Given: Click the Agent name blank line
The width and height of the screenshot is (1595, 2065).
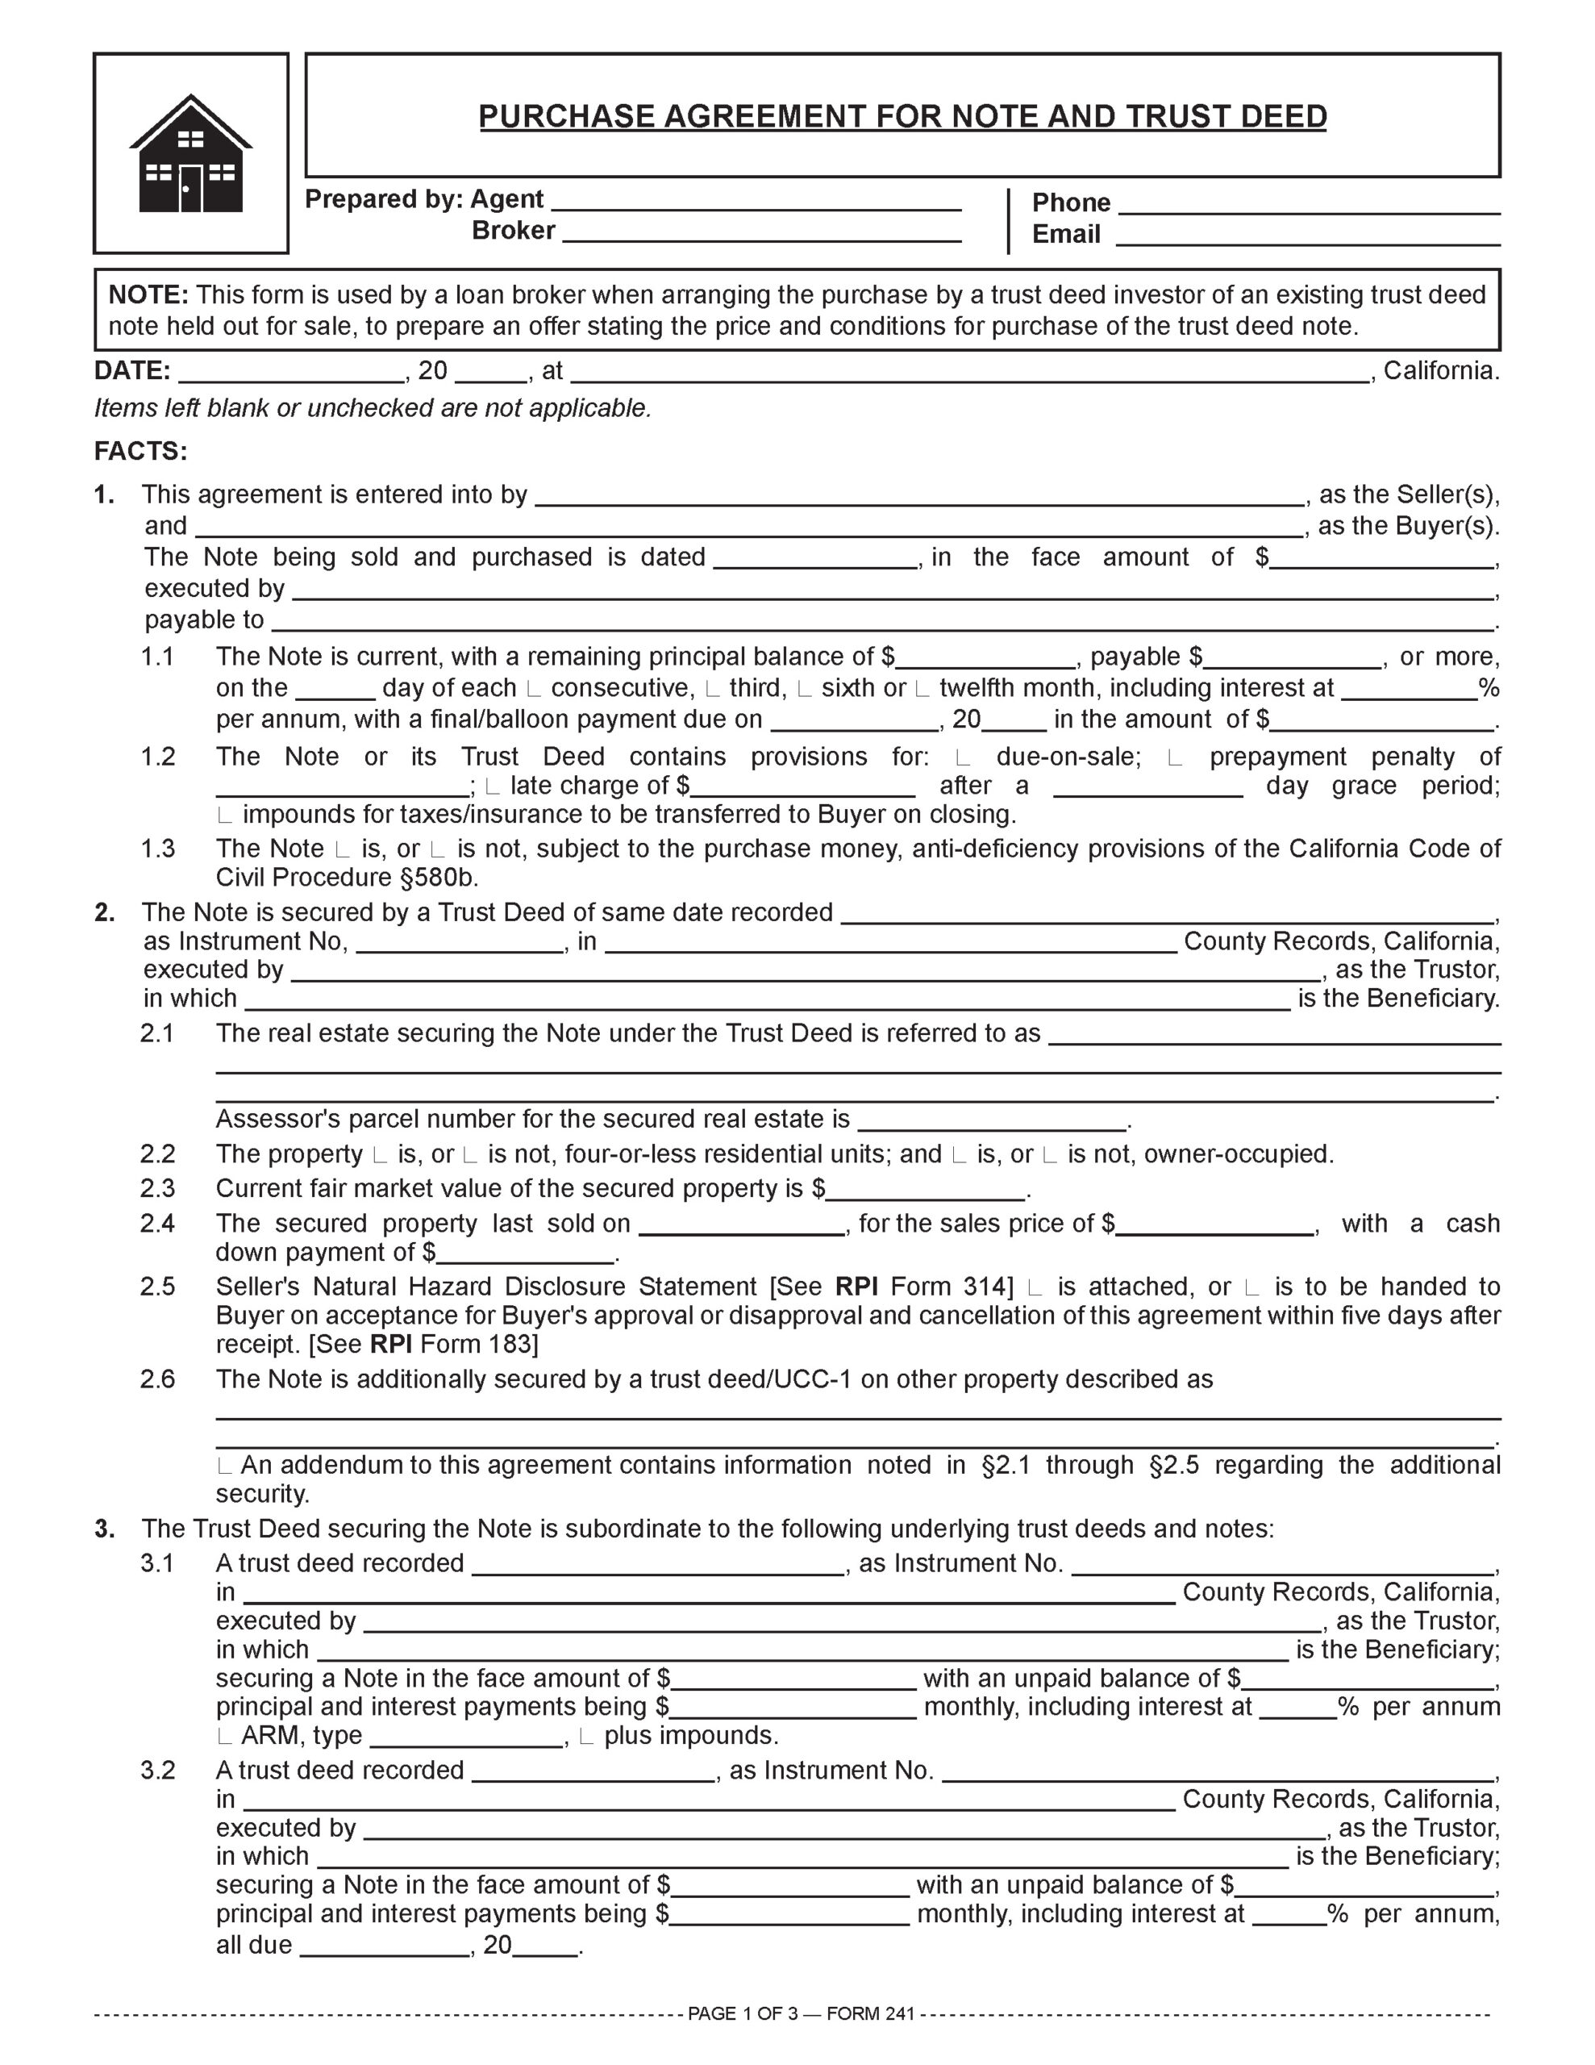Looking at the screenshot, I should pos(756,202).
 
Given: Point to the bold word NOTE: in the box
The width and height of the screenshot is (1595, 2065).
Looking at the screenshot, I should pos(148,295).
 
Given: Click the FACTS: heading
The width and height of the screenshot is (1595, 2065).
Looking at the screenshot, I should pos(141,451).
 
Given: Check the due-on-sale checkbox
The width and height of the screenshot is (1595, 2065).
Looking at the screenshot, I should pos(964,758).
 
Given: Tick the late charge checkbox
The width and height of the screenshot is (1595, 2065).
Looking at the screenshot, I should pos(492,786).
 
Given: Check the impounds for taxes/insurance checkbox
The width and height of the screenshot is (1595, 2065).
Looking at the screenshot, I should pos(224,815).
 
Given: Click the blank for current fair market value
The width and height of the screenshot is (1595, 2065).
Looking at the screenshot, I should pos(926,1191).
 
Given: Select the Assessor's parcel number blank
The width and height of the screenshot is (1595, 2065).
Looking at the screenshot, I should pos(992,1121).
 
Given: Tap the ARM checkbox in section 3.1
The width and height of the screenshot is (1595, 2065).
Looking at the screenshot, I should pos(224,1737).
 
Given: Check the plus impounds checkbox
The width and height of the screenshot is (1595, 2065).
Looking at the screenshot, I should pos(586,1737).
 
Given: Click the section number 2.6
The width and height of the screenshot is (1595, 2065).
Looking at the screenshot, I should pos(158,1379).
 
